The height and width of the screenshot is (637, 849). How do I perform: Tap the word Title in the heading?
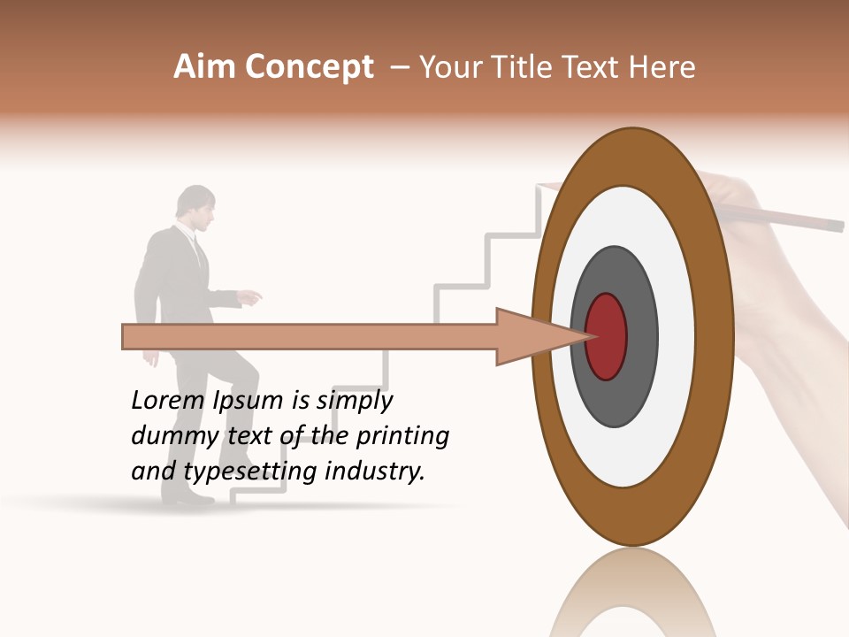click(x=527, y=67)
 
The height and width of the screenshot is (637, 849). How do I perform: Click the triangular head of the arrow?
click(x=539, y=336)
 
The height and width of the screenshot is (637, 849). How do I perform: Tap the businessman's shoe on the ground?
click(x=187, y=497)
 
